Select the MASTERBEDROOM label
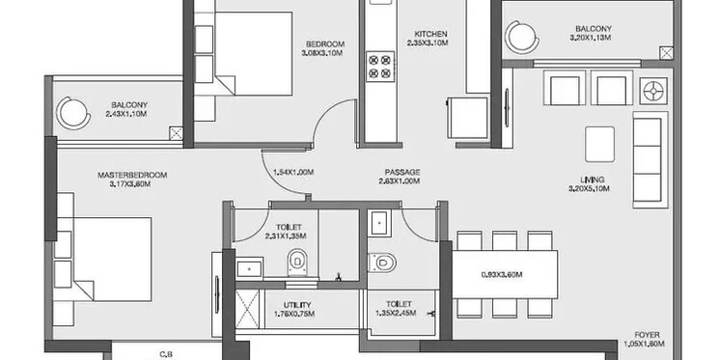(x=132, y=175)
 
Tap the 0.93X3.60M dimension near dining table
(x=501, y=274)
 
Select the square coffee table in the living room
(x=603, y=143)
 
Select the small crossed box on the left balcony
(x=176, y=134)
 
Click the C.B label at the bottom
(x=167, y=354)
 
